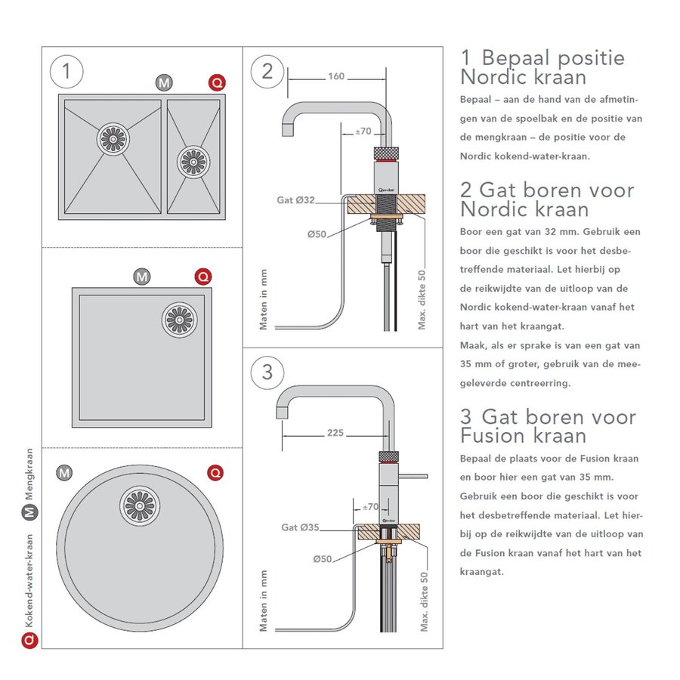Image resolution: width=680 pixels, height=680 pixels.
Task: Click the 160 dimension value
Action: point(336,76)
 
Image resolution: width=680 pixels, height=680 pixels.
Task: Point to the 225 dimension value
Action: point(335,433)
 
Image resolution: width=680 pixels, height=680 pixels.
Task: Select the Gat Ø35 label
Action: point(299,527)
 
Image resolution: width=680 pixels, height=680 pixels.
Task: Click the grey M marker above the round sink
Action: point(65,473)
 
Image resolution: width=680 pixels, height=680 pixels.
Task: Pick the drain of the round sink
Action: point(139,505)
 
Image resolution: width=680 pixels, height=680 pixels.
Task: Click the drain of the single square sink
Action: point(179,319)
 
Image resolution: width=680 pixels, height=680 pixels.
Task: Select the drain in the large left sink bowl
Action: point(114,139)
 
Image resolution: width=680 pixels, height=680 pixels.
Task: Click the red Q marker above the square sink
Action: point(203,277)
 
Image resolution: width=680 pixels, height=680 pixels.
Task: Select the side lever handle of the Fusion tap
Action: point(413,475)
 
